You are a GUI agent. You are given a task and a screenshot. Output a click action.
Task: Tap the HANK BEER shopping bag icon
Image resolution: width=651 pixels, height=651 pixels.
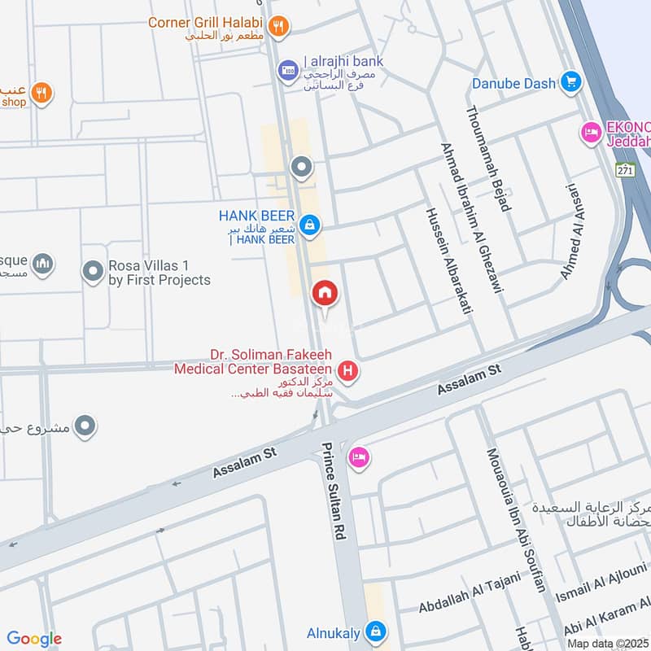pyautogui.click(x=308, y=225)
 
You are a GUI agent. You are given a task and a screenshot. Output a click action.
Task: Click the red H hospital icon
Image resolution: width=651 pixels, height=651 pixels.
pyautogui.click(x=348, y=372)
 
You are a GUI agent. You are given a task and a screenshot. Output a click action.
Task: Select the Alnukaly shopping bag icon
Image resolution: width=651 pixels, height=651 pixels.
pyautogui.click(x=374, y=631)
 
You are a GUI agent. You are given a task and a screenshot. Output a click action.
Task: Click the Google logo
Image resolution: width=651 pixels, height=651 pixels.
pyautogui.click(x=34, y=639)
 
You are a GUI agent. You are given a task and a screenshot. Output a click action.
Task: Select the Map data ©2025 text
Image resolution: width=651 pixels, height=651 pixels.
pyautogui.click(x=607, y=643)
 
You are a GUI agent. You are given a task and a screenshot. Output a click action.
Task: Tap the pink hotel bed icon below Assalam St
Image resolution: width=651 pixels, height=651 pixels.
pyautogui.click(x=359, y=458)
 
